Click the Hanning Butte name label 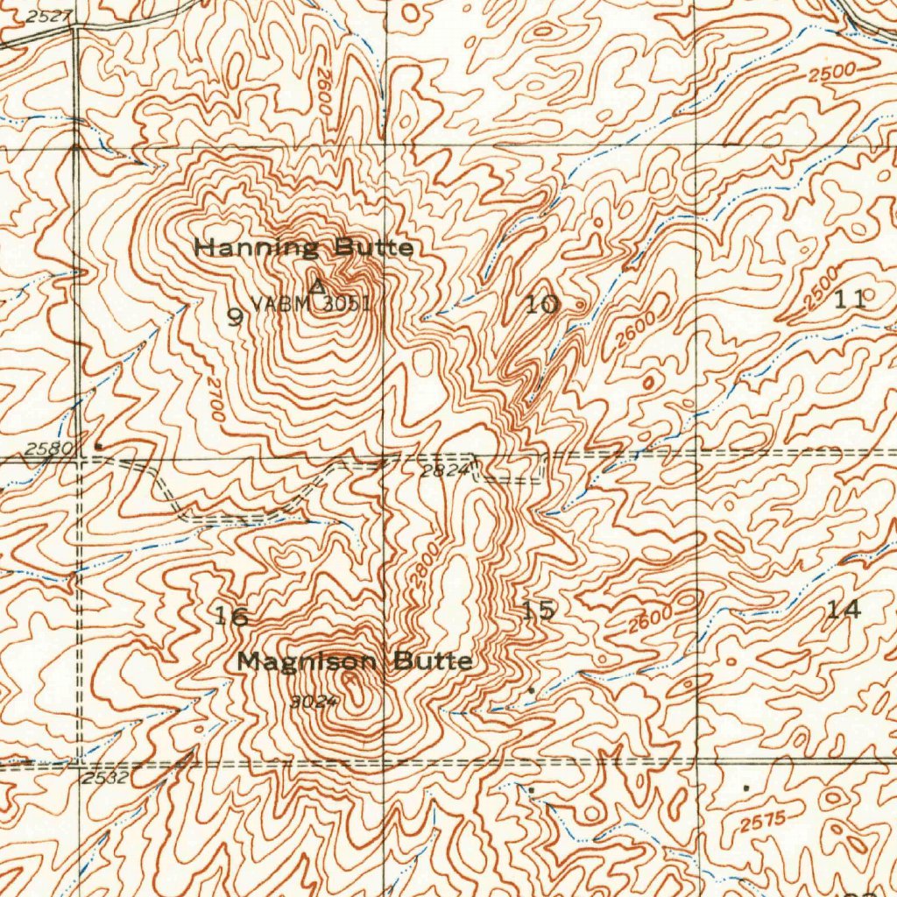coord(303,248)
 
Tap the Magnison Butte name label coord(355,661)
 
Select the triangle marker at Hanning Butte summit coord(317,286)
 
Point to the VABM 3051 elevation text coord(311,304)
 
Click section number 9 coord(234,317)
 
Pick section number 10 coord(541,305)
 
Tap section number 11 coord(849,300)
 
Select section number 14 coord(844,610)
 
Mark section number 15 coord(537,611)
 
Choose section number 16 coord(232,616)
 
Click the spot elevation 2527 coord(46,17)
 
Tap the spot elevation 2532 coord(106,777)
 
